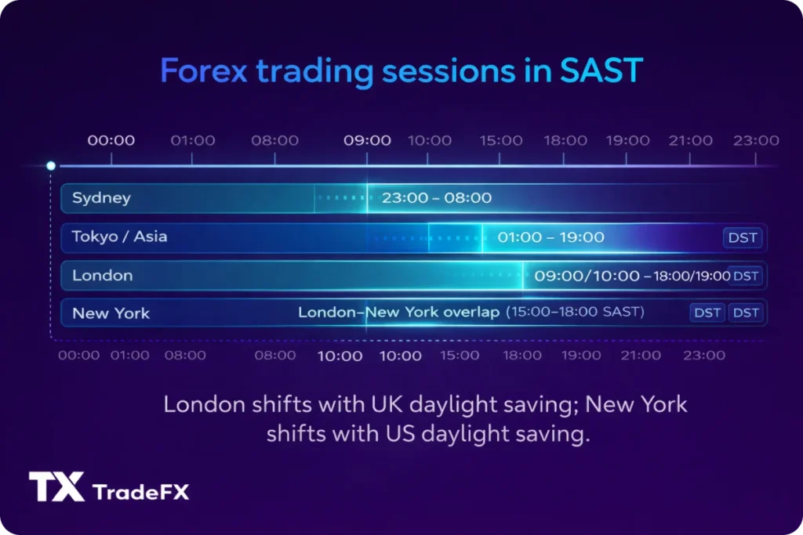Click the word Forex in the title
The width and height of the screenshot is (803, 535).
pyautogui.click(x=203, y=71)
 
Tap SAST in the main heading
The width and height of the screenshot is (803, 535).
pyautogui.click(x=601, y=71)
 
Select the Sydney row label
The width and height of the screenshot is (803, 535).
pyautogui.click(x=101, y=198)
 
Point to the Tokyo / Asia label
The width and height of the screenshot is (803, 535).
pyautogui.click(x=119, y=237)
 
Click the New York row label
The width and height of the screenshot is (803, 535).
pyautogui.click(x=111, y=313)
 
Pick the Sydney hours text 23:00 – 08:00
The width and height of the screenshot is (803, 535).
pyautogui.click(x=437, y=198)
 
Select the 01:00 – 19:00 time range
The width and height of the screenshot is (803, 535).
pyautogui.click(x=550, y=237)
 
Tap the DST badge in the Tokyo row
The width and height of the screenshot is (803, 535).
pyautogui.click(x=742, y=237)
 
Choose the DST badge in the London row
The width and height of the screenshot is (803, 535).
pyautogui.click(x=746, y=276)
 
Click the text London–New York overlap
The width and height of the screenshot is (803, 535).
pyautogui.click(x=398, y=313)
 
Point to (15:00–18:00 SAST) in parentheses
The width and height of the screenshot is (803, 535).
pyautogui.click(x=575, y=313)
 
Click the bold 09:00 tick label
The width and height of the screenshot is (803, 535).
pyautogui.click(x=367, y=141)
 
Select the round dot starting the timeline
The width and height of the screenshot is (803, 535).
pyautogui.click(x=51, y=166)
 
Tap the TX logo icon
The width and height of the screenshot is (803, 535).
pyautogui.click(x=56, y=486)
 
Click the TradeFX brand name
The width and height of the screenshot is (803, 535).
pyautogui.click(x=140, y=493)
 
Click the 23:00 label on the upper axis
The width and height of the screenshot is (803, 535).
pyautogui.click(x=756, y=141)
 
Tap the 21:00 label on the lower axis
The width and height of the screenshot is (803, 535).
pyautogui.click(x=641, y=356)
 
